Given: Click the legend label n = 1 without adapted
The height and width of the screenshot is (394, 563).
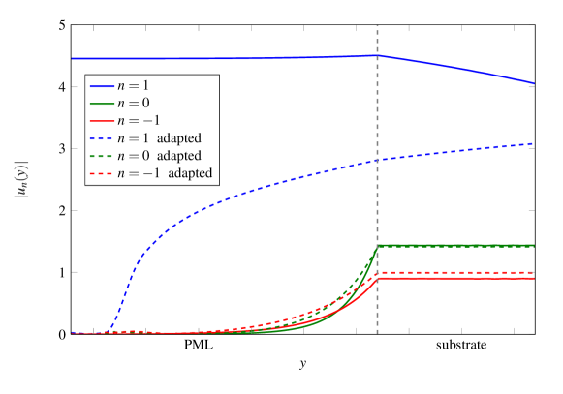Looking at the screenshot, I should click(x=133, y=85).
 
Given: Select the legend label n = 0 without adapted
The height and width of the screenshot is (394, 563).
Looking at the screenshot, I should click(x=133, y=103).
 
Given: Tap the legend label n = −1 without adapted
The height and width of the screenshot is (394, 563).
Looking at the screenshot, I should click(x=137, y=121).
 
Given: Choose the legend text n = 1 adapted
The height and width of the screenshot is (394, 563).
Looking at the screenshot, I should click(x=159, y=138).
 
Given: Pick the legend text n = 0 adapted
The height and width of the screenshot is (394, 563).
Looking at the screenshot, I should click(x=159, y=156).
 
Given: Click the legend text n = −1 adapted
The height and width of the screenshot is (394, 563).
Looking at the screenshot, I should click(x=163, y=174).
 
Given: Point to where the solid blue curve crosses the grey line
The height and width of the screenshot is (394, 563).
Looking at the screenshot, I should click(x=377, y=55).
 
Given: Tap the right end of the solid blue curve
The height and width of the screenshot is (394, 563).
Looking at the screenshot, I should click(x=533, y=82).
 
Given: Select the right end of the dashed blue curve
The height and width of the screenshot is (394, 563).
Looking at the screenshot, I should click(x=533, y=143).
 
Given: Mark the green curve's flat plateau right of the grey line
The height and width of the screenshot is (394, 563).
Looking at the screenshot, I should click(x=455, y=246).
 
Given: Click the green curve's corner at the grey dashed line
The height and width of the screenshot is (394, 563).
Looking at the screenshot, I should click(x=377, y=246).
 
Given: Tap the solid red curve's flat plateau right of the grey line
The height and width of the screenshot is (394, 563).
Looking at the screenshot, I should click(x=455, y=279).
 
